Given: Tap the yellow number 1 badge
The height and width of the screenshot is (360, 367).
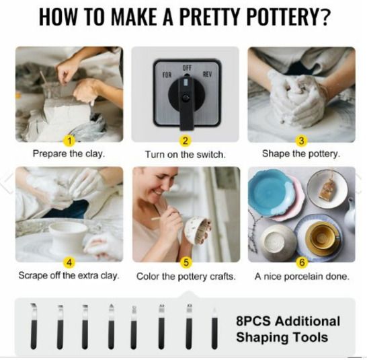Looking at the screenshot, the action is [69, 141].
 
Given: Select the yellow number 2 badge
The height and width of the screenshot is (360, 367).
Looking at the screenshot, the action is [185, 141].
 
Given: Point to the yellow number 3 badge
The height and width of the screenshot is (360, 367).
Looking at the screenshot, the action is [301, 141].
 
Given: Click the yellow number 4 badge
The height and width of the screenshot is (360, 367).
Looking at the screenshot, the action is [69, 262].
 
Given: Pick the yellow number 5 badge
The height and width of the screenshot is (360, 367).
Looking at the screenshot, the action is [186, 262].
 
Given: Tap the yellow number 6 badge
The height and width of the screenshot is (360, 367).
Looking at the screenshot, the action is [302, 262].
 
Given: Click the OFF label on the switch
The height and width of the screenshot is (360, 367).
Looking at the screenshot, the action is [187, 68].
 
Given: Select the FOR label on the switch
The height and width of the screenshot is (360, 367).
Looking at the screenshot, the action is [167, 75].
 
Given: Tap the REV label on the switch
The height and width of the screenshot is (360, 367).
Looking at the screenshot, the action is [207, 75].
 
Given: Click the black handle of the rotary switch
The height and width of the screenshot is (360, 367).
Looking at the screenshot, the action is [186, 103].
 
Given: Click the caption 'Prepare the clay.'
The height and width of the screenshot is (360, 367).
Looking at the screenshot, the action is [69, 154].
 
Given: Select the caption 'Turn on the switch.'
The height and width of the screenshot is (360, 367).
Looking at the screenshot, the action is [186, 155].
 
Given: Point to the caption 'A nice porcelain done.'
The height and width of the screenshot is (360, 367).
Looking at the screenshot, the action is [302, 277].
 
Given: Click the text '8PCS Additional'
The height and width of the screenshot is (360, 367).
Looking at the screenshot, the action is [288, 321].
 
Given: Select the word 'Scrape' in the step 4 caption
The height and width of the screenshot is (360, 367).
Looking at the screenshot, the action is [34, 276].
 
